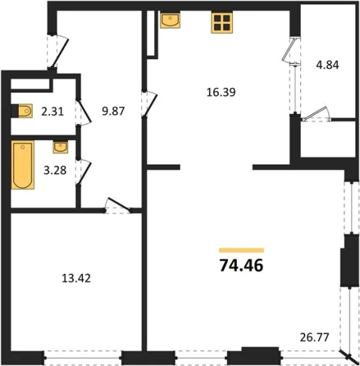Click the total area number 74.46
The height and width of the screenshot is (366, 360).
coord(241,265)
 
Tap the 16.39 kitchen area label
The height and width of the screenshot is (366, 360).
coord(221,92)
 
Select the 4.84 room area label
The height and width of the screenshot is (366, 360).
coord(328,65)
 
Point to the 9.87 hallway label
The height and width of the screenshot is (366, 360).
coord(113,111)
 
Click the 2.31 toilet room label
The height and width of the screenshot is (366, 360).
coord(52,111)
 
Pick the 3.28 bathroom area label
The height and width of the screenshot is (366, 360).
coord(55,170)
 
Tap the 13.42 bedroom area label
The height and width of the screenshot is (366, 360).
coord(76,279)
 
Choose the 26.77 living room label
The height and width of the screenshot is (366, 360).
coord(314,337)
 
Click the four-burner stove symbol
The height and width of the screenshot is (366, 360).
coord(221,23)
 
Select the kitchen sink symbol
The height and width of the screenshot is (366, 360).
coord(170,20)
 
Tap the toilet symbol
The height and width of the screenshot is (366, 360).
coord(22,111)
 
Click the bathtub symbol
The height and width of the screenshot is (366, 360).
coord(22,165)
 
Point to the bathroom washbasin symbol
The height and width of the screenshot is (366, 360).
coord(60,147)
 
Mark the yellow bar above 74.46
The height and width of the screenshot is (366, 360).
coord(241,251)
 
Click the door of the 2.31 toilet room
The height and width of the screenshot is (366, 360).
coord(84,113)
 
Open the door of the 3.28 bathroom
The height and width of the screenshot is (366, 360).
coord(84,172)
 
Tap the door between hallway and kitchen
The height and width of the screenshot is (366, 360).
coord(150,104)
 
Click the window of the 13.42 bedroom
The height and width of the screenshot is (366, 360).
coord(82,358)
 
